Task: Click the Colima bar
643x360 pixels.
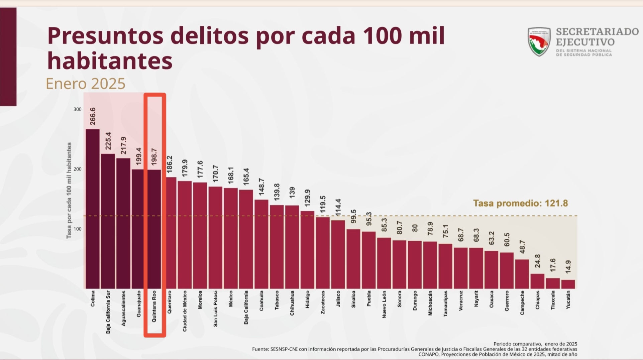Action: pos(93,209)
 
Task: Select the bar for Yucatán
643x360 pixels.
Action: pos(568,284)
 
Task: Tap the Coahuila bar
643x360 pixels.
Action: pos(261,244)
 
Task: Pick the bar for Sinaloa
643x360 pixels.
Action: pos(353,259)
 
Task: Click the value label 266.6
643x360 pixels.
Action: pos(93,116)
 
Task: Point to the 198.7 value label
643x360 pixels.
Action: pos(154,157)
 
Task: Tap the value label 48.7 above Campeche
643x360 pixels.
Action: pos(522,247)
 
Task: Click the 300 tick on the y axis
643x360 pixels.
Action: pos(77,109)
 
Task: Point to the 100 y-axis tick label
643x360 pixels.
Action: pos(77,229)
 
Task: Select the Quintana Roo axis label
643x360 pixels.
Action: pos(154,306)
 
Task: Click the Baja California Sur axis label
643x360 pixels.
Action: pos(108,312)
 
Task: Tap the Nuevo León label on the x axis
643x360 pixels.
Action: pos(384,304)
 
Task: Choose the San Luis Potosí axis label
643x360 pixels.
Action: pos(215,309)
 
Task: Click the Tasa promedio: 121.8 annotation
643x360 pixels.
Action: pos(520,203)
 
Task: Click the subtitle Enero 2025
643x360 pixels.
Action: pos(86,84)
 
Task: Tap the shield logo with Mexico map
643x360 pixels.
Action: pos(539,42)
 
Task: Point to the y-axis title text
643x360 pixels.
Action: pos(69,191)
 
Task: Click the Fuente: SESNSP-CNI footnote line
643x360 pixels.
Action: pos(415,349)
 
